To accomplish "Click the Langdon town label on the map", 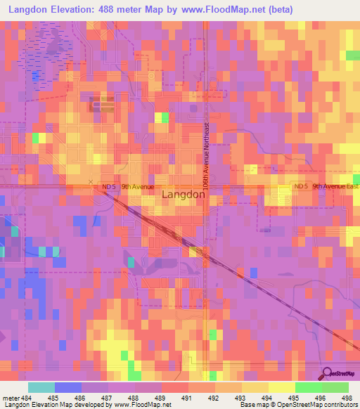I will pyautogui.click(x=184, y=196).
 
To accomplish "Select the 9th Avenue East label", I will pyautogui.click(x=335, y=186).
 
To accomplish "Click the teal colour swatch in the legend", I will pyautogui.click(x=41, y=387).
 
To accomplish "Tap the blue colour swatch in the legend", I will pyautogui.click(x=68, y=387).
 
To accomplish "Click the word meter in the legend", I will pyautogui.click(x=12, y=398).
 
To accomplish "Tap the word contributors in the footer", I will pyautogui.click(x=339, y=405).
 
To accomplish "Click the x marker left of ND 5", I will pyautogui.click(x=91, y=182).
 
